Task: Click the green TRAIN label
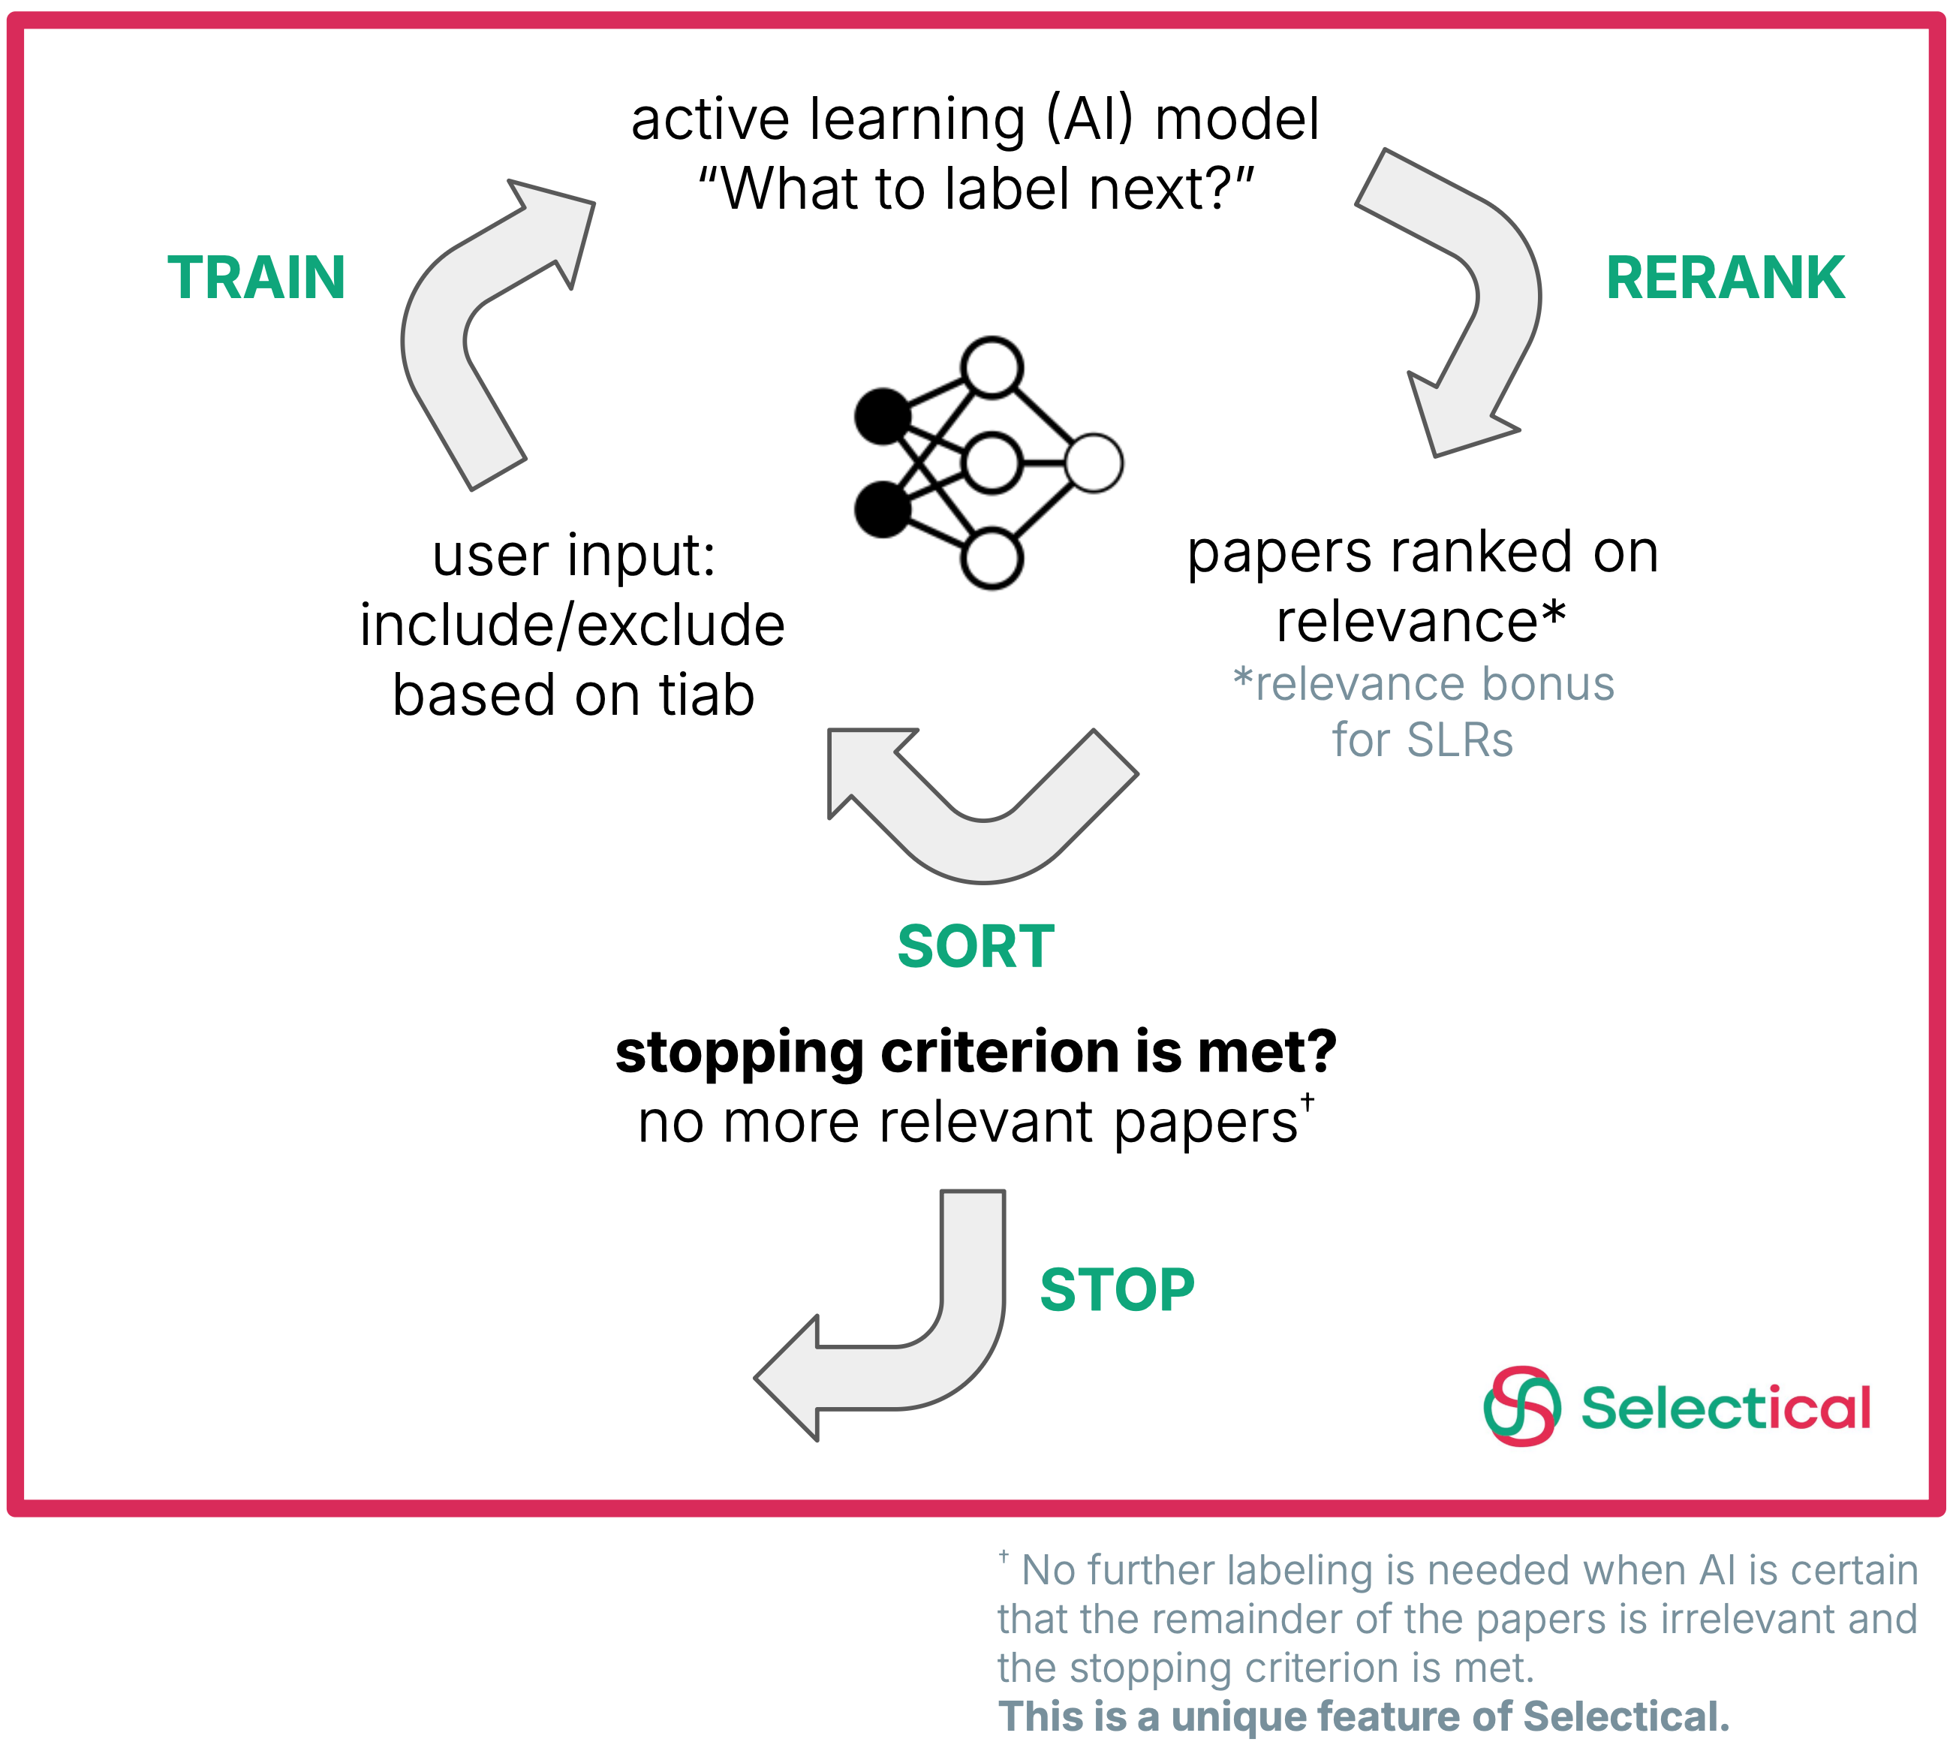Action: (x=256, y=278)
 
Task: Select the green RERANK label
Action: (x=1724, y=278)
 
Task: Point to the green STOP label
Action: (x=1117, y=1289)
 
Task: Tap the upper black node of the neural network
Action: (x=883, y=417)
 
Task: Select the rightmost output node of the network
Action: (x=1094, y=463)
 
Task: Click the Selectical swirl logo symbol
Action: (x=1521, y=1406)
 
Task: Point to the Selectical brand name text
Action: (x=1726, y=1407)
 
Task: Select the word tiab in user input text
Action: (x=706, y=695)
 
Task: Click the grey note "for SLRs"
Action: (x=1422, y=740)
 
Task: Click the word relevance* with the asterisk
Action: (x=1419, y=621)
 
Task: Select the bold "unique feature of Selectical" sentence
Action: (x=1363, y=1716)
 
